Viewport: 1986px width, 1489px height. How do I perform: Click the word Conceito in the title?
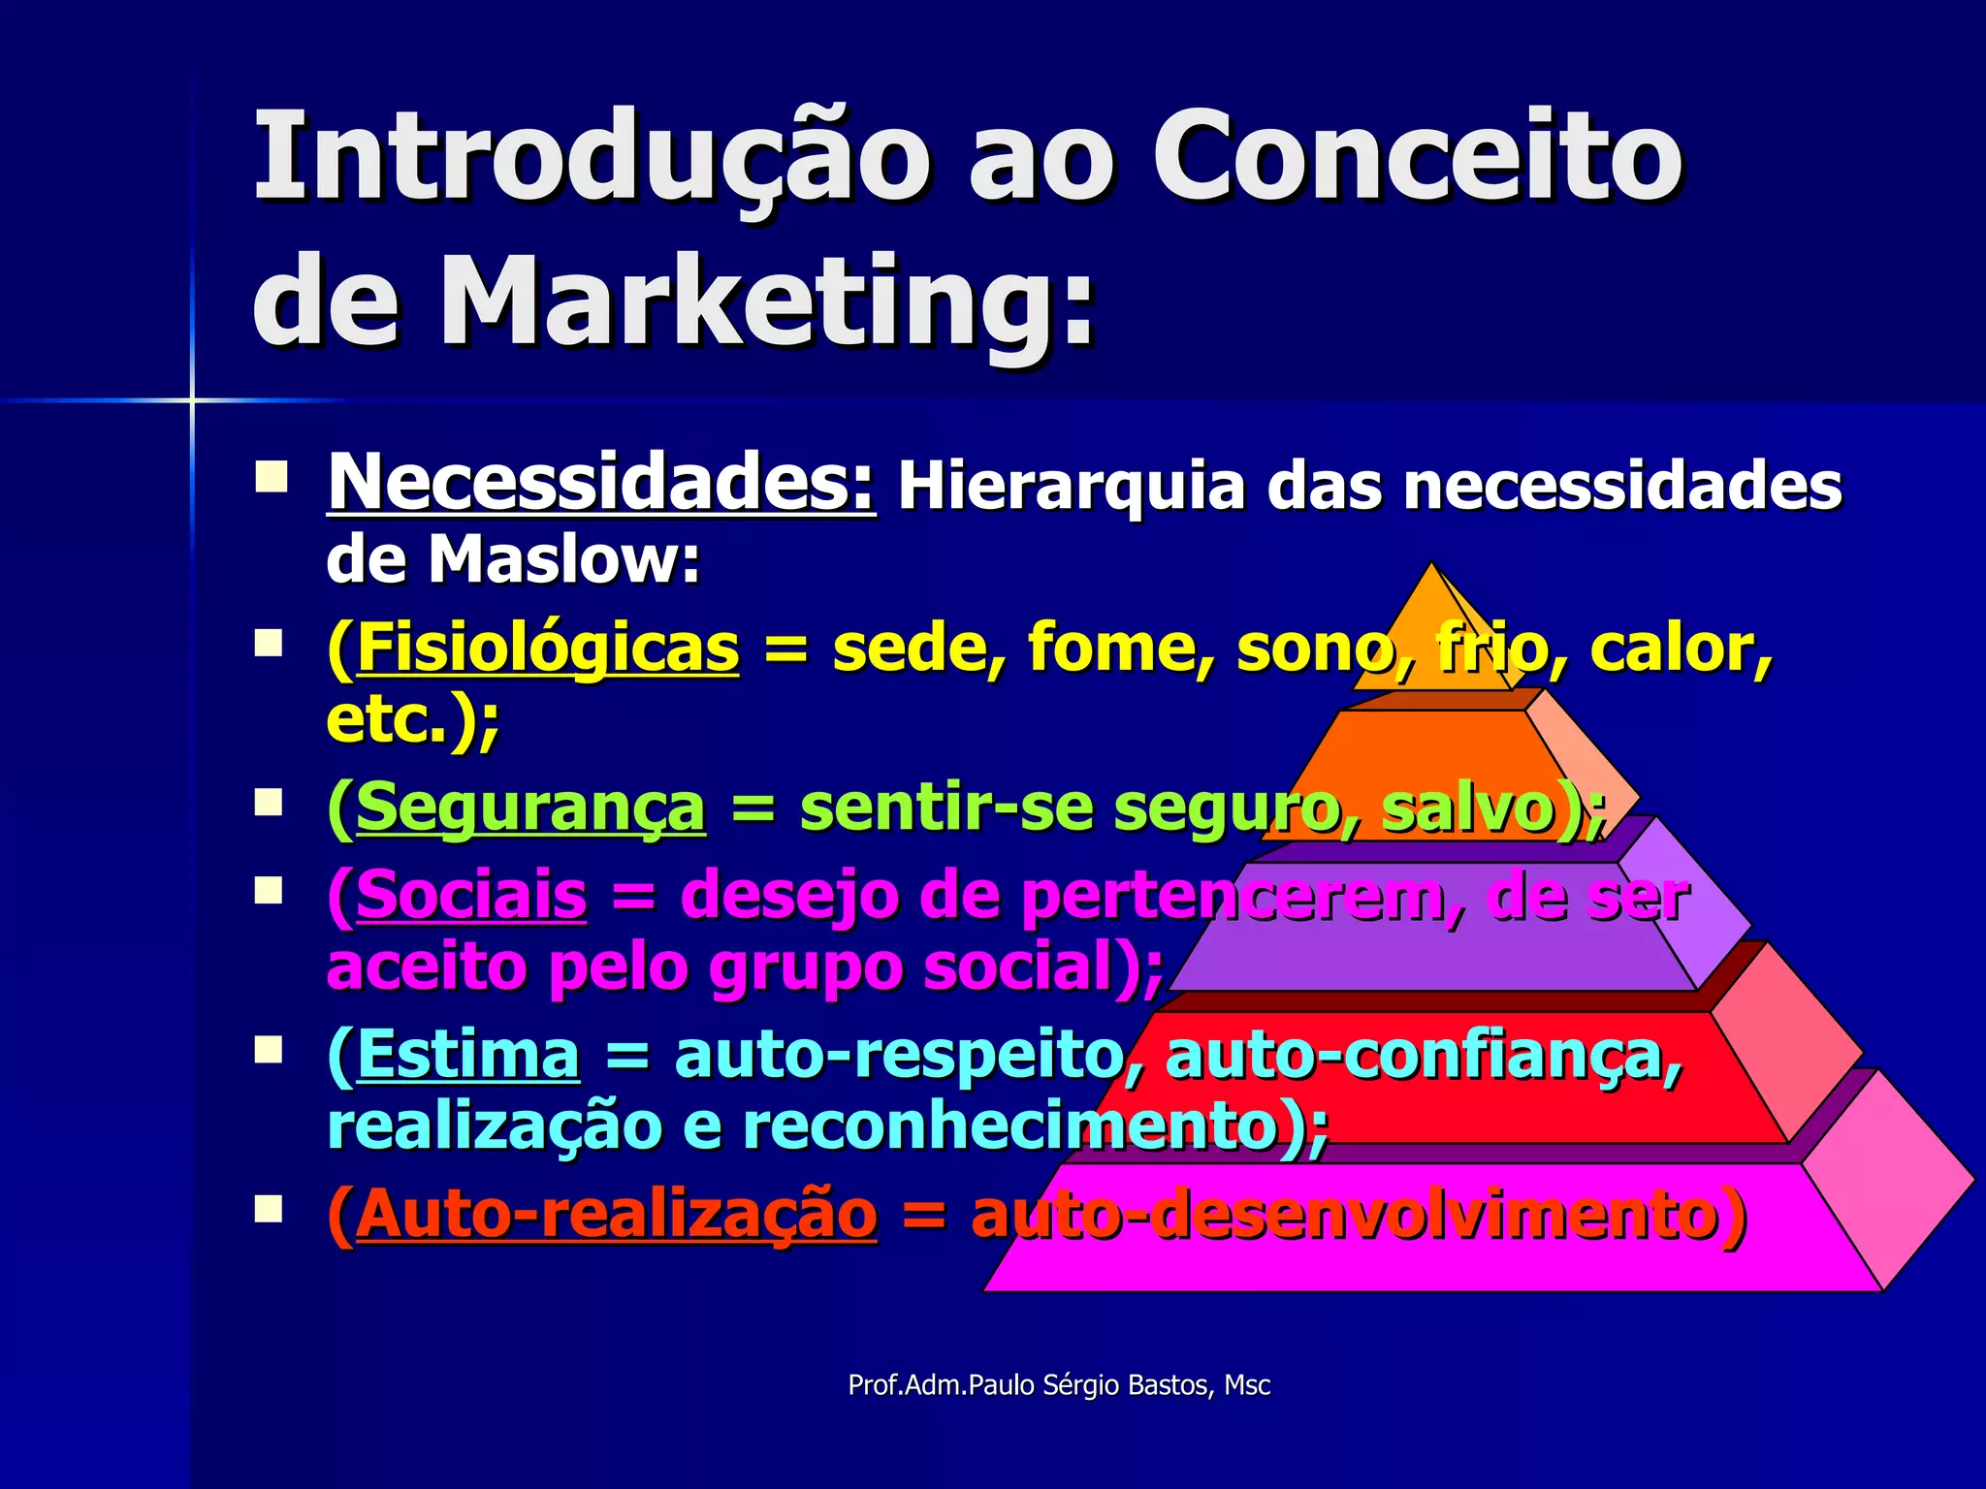point(1418,157)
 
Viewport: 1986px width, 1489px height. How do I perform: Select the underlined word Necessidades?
point(601,482)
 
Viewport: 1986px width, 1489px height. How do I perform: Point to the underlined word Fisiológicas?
point(548,648)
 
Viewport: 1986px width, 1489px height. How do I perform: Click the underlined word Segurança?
point(530,808)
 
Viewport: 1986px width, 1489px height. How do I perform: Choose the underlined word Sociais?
point(471,895)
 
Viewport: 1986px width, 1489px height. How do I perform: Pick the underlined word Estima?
point(468,1054)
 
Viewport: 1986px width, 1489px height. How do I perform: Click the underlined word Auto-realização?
point(617,1214)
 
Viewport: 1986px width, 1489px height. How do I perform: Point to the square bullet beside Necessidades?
point(271,478)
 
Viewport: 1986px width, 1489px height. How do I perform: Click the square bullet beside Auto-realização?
point(269,1209)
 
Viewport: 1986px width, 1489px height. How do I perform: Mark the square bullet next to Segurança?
point(269,803)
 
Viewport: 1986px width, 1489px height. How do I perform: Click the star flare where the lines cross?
point(192,399)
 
